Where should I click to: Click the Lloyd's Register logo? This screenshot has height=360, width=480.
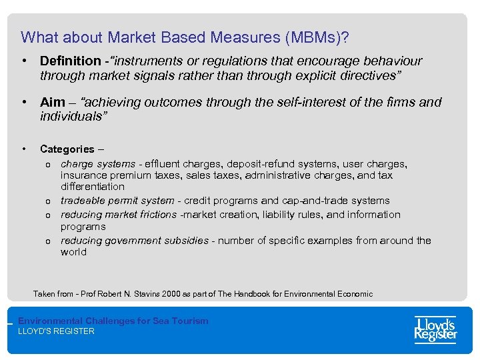pos(435,329)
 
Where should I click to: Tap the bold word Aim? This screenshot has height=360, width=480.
pos(52,103)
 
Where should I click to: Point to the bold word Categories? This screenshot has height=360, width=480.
pos(67,149)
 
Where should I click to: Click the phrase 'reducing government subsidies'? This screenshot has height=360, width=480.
pos(134,240)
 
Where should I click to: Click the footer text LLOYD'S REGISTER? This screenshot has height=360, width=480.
pos(56,331)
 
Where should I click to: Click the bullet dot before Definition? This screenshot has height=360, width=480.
pos(23,61)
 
